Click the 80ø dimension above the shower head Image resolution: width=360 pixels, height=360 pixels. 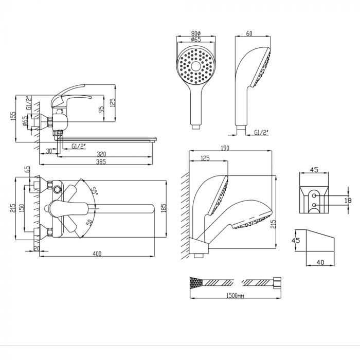click(x=196, y=33)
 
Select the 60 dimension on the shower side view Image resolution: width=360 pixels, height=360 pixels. click(x=249, y=33)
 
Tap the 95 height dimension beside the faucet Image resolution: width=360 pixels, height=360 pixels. click(x=101, y=109)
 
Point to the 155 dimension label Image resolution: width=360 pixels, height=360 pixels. click(x=13, y=116)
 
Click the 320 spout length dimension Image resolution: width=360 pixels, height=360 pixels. click(x=101, y=154)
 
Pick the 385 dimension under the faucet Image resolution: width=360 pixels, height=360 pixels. click(x=101, y=161)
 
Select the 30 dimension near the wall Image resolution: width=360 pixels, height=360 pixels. click(x=49, y=151)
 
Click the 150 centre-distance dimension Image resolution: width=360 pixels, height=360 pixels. click(x=22, y=208)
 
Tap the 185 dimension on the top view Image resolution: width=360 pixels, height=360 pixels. click(x=164, y=208)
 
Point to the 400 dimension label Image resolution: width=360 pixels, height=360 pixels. click(x=97, y=254)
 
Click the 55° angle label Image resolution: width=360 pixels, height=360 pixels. click(x=94, y=190)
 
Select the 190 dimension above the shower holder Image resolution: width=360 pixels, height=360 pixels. click(x=225, y=148)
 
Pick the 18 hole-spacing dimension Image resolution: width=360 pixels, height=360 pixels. click(x=348, y=201)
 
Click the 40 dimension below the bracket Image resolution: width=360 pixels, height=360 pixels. click(x=320, y=262)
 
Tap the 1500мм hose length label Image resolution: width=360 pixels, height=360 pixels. click(x=235, y=296)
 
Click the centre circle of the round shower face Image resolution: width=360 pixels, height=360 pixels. click(x=196, y=66)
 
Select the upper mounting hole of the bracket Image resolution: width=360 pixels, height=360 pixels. click(x=314, y=195)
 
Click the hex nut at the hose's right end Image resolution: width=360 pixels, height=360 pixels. click(x=277, y=283)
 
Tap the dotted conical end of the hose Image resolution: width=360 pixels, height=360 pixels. click(x=196, y=282)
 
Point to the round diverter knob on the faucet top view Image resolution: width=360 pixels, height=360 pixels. click(x=57, y=190)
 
